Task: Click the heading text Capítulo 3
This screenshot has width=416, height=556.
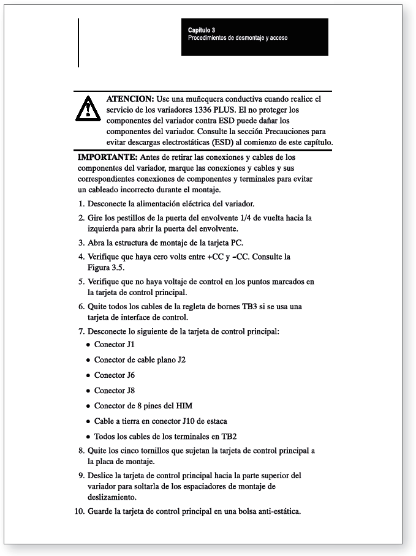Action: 201,30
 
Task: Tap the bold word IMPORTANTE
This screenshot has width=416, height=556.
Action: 103,157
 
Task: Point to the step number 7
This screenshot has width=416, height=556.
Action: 81,331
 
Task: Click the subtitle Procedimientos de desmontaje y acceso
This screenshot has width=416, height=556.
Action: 238,37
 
